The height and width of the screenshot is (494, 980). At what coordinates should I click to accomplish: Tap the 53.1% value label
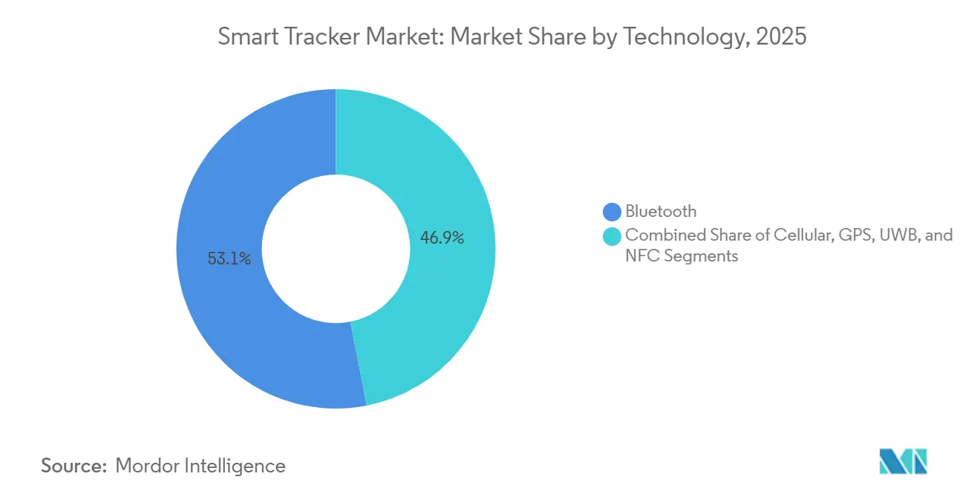[229, 259]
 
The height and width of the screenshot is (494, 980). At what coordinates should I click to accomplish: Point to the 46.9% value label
[442, 238]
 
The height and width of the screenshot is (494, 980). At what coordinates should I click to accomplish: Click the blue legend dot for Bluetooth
[612, 212]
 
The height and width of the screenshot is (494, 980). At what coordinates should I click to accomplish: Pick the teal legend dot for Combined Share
[612, 236]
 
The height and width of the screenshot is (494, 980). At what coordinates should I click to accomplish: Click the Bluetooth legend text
[661, 212]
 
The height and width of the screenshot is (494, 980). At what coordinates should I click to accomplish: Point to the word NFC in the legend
[641, 256]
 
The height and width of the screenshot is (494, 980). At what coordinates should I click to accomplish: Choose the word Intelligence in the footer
[236, 466]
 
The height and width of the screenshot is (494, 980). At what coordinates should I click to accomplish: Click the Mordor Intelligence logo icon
[904, 461]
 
